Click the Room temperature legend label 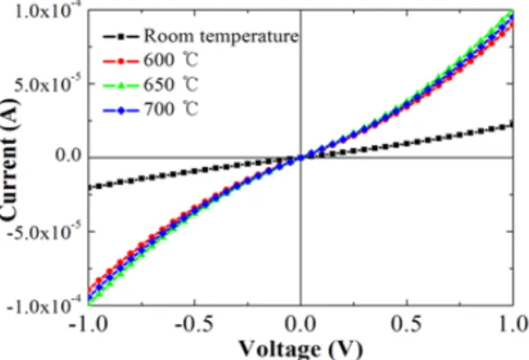pos(221,36)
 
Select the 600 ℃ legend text pos(171,60)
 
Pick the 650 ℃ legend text pos(171,84)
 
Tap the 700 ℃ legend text pos(171,109)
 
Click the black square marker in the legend pos(121,36)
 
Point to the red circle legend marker pos(121,61)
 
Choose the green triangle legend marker pos(121,86)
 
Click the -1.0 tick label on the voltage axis pos(87,324)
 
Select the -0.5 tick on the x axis pos(194,324)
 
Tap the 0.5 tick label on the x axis pos(406,324)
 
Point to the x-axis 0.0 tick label pos(300,324)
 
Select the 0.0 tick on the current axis pos(69,155)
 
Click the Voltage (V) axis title pos(301,349)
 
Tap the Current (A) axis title pos(9,159)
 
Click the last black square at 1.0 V pos(512,124)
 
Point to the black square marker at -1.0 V pos(90,187)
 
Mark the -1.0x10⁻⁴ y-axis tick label pos(44,305)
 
